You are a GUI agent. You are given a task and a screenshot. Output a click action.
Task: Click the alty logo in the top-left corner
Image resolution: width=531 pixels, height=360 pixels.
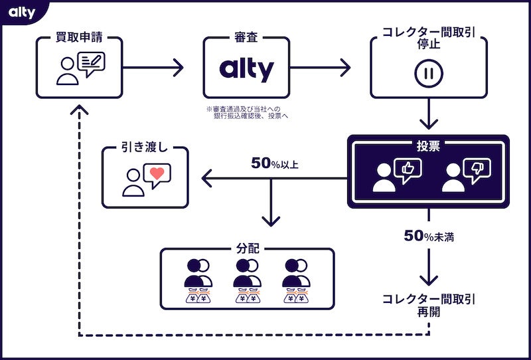pyautogui.click(x=22, y=11)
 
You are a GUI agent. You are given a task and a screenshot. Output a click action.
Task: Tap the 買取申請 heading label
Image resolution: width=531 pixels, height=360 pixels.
pyautogui.click(x=80, y=37)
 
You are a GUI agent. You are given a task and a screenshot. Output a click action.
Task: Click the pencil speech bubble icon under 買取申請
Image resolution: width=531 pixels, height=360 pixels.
pyautogui.click(x=91, y=64)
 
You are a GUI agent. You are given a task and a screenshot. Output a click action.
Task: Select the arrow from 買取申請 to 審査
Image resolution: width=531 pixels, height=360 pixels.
pyautogui.click(x=153, y=67)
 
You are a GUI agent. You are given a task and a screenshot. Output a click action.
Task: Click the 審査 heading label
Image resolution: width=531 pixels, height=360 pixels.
pyautogui.click(x=246, y=37)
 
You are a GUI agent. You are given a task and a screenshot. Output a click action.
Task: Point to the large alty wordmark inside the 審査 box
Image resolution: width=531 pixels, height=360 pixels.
pyautogui.click(x=246, y=69)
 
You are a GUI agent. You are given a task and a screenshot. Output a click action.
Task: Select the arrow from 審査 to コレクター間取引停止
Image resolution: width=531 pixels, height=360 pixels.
pyautogui.click(x=320, y=67)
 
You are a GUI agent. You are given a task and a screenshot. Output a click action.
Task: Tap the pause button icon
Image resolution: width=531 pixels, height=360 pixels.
pyautogui.click(x=428, y=73)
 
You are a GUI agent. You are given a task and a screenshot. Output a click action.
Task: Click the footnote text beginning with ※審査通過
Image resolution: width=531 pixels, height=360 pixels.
pyautogui.click(x=248, y=112)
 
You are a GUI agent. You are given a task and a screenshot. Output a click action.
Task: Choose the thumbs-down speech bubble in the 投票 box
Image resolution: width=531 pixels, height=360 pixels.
pyautogui.click(x=476, y=170)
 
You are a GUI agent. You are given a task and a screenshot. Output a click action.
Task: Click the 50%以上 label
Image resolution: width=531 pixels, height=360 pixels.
pyautogui.click(x=274, y=163)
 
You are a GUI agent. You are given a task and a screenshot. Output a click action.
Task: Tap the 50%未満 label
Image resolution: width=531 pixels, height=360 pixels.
pyautogui.click(x=429, y=235)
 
